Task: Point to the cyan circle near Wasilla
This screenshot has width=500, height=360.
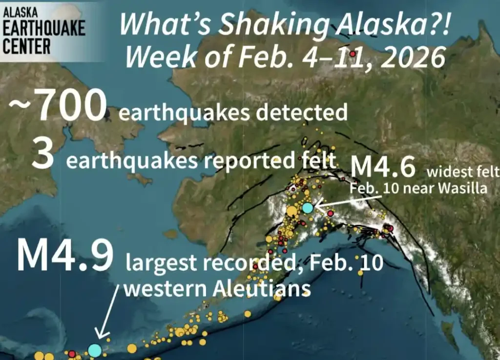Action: pyautogui.click(x=307, y=208)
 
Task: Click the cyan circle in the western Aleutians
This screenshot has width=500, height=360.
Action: pyautogui.click(x=95, y=350)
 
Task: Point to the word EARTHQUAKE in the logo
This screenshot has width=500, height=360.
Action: pyautogui.click(x=43, y=29)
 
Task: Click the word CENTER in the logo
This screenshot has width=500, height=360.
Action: pyautogui.click(x=27, y=46)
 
